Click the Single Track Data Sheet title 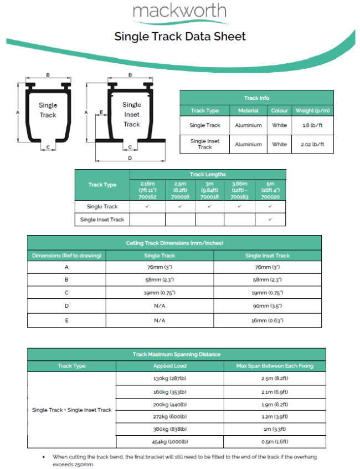click(180, 37)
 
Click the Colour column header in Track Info click(279, 110)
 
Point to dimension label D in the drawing click(130, 158)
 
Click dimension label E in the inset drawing click(102, 112)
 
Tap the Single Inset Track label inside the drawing click(132, 114)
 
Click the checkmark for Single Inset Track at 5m click(270, 220)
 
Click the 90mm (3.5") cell click(267, 306)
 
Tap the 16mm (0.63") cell click(267, 320)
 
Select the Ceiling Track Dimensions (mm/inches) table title click(174, 243)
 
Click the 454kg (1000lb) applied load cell click(170, 441)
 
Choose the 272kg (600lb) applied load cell click(170, 416)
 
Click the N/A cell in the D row click(160, 306)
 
